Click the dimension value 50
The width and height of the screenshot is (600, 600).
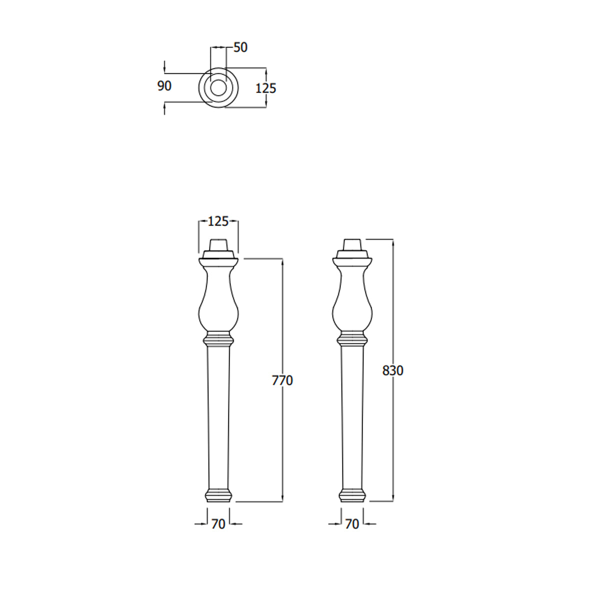(x=240, y=47)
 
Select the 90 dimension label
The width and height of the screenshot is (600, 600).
(x=164, y=86)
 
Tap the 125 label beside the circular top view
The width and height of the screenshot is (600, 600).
(x=265, y=88)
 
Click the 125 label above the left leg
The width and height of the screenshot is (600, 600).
(x=218, y=221)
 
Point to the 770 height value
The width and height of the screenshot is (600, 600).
(x=282, y=380)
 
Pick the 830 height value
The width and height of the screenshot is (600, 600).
(x=392, y=370)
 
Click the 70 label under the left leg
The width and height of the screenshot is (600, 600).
(x=218, y=524)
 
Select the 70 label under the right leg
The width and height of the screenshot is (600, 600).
(x=352, y=524)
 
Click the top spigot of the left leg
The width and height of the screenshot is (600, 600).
(x=218, y=245)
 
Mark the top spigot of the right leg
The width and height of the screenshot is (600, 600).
(x=352, y=245)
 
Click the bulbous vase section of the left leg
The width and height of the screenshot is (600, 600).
(x=218, y=305)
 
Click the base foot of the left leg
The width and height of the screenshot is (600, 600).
(x=218, y=495)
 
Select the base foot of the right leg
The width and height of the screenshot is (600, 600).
(x=352, y=495)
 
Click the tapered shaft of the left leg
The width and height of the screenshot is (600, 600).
(x=218, y=415)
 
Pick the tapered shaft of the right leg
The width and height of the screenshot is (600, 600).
(x=352, y=415)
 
